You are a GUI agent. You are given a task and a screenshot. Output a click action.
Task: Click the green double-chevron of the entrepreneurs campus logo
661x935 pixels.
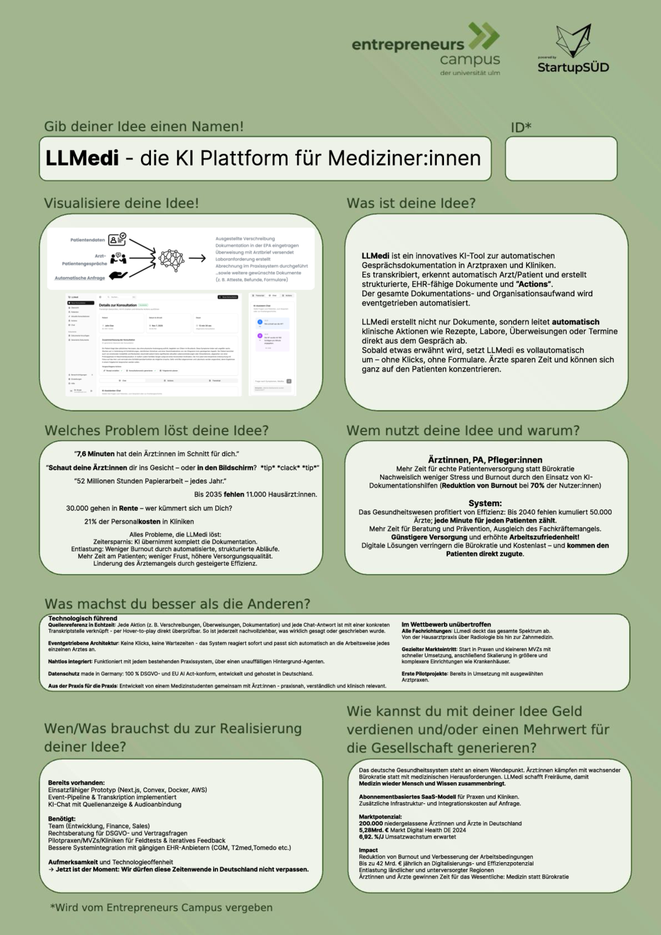click(x=484, y=37)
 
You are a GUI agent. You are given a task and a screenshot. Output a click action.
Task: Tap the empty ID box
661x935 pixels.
click(x=561, y=159)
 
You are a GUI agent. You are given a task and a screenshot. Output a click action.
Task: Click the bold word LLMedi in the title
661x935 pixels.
click(x=82, y=159)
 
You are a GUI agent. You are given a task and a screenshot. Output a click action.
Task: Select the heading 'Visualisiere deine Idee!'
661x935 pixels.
click(x=121, y=203)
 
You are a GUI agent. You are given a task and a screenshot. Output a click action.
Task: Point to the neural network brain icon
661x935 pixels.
click(x=171, y=258)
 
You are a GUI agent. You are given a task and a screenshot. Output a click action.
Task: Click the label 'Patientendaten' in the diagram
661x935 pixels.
click(x=88, y=240)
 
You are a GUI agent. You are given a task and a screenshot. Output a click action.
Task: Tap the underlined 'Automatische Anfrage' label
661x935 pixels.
click(x=79, y=278)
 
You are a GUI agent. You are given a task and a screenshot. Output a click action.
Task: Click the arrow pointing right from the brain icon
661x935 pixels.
click(x=197, y=258)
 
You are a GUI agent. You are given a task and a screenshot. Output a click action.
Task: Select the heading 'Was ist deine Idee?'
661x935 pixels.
click(x=411, y=203)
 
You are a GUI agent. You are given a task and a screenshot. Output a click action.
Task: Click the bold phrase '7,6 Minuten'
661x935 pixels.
click(x=95, y=454)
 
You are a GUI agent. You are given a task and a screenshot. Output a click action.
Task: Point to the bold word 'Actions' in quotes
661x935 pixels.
click(x=534, y=284)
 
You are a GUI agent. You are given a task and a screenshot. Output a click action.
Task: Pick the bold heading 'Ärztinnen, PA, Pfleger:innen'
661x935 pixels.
click(x=485, y=460)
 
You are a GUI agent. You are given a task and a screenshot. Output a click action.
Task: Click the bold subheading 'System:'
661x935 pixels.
click(x=485, y=503)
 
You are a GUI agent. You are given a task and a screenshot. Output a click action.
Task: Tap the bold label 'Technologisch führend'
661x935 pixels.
click(x=83, y=619)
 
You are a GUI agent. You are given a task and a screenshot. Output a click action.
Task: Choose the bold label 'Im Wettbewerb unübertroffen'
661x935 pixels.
click(x=446, y=625)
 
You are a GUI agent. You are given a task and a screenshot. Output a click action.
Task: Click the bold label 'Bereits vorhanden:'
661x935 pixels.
click(x=76, y=782)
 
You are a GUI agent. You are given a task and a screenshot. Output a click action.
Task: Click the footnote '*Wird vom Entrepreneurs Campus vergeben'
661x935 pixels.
click(x=161, y=907)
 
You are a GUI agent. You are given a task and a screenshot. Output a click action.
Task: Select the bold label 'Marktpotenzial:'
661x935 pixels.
click(x=380, y=817)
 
